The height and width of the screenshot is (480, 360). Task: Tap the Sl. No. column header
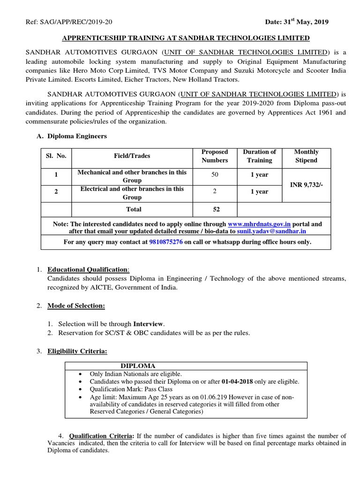tap(56, 156)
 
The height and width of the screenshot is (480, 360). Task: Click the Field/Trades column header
tap(132, 156)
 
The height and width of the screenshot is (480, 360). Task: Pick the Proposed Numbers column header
tap(214, 156)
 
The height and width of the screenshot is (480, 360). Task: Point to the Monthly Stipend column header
tap(306, 156)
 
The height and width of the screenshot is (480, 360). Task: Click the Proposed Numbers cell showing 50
tap(214, 175)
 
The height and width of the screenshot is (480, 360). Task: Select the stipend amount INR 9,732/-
tap(306, 185)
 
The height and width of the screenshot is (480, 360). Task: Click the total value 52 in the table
tap(214, 209)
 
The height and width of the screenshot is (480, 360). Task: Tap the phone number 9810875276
tap(166, 242)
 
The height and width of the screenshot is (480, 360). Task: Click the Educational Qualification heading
tap(88, 270)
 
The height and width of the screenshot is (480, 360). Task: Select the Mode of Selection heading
tap(76, 306)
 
